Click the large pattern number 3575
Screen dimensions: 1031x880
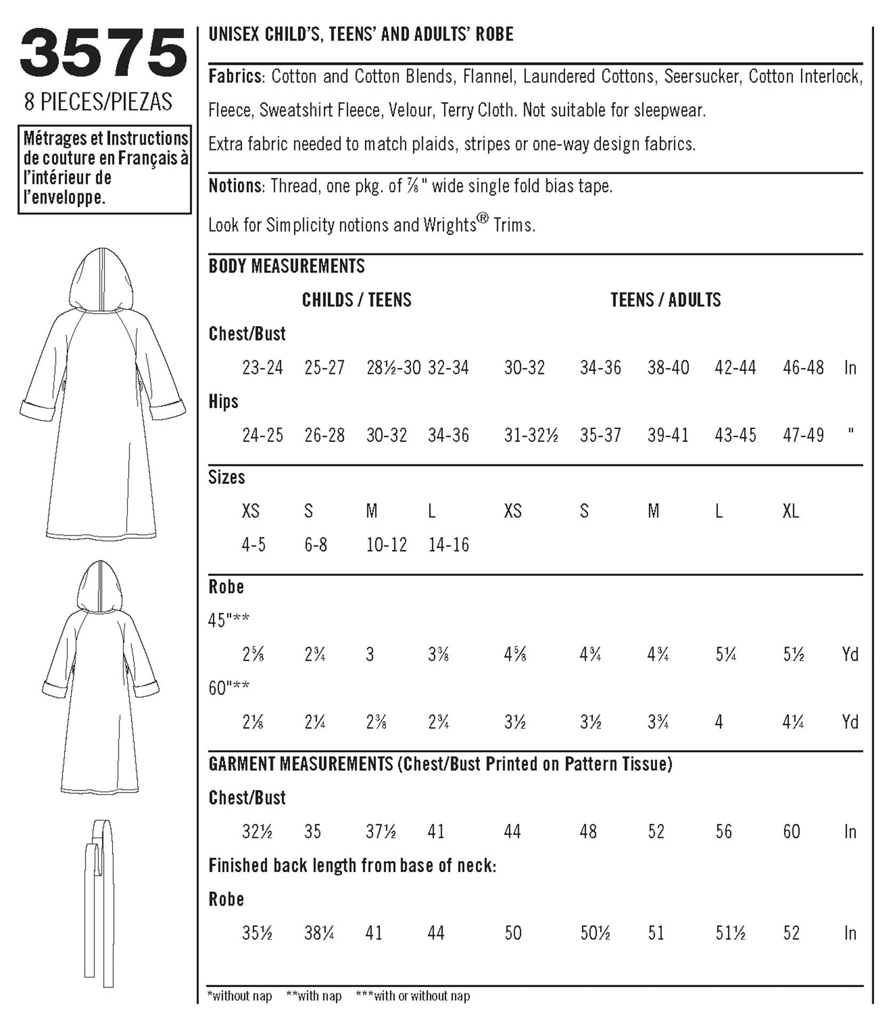[x=103, y=53]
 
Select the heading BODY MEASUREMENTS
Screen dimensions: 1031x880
[x=286, y=266]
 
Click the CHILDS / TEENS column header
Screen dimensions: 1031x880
[x=356, y=300]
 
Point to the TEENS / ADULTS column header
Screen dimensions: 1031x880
[x=665, y=300]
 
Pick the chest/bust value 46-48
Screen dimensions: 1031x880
[x=803, y=368]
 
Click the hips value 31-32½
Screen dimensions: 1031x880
[x=531, y=435]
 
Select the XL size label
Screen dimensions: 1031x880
[x=790, y=511]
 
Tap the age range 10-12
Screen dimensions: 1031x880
[x=386, y=545]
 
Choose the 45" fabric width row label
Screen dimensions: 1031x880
[x=229, y=620]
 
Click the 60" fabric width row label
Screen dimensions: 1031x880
[x=229, y=688]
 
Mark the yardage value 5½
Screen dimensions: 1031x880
[x=793, y=654]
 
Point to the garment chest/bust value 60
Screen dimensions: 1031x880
[x=791, y=831]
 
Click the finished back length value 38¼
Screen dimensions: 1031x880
[x=319, y=933]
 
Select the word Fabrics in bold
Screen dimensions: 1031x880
[x=235, y=77]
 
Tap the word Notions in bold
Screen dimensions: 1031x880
[x=235, y=186]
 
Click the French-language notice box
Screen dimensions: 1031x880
[x=105, y=169]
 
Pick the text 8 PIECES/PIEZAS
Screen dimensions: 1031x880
[x=98, y=101]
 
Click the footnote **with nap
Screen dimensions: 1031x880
[x=314, y=996]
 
